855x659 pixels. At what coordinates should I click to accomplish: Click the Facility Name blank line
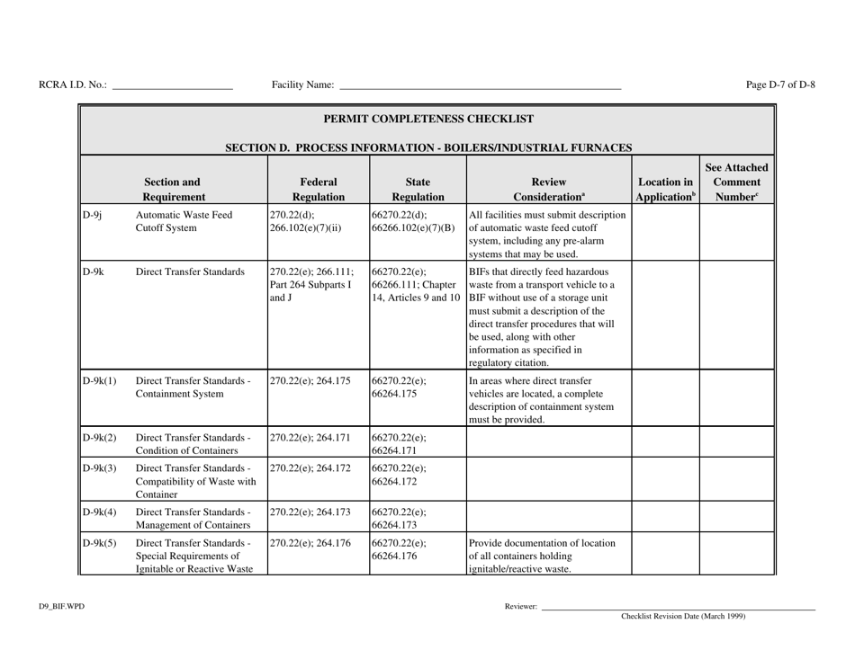(x=479, y=86)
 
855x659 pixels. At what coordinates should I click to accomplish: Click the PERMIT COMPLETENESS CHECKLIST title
(x=428, y=119)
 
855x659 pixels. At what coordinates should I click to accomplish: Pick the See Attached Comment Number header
(x=736, y=180)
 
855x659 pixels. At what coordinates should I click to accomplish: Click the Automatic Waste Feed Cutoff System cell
(x=178, y=222)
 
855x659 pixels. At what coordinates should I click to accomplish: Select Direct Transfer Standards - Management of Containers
(x=192, y=517)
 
